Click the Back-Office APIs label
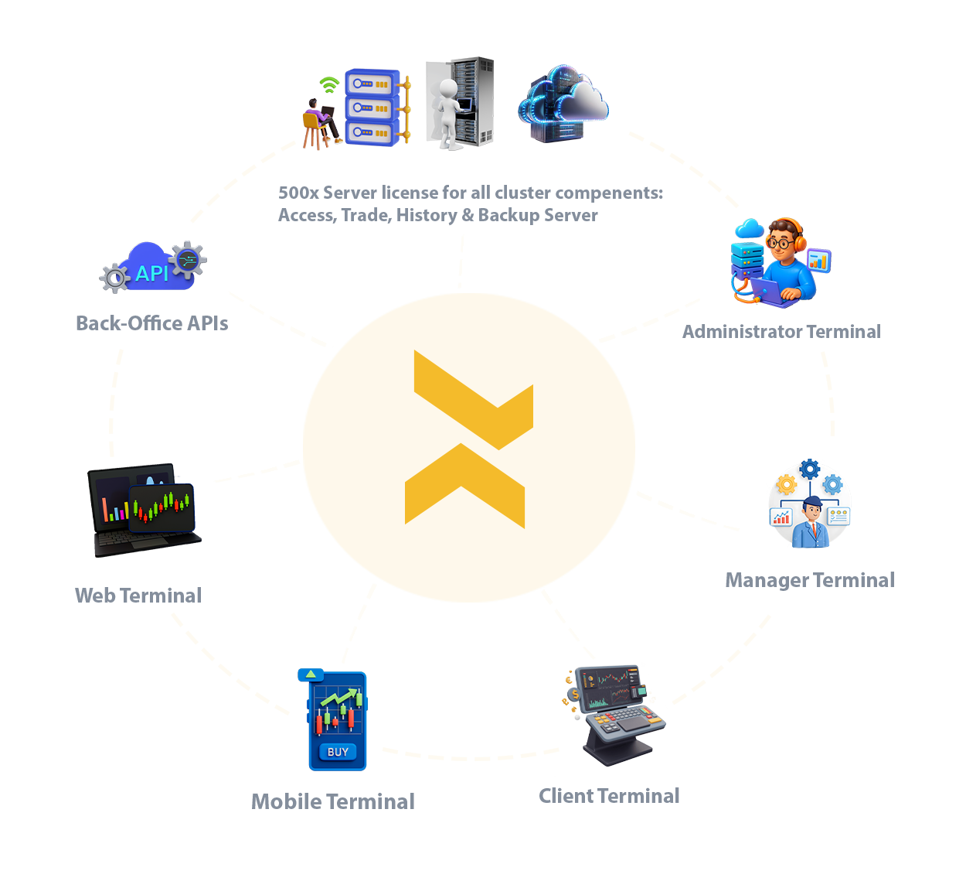(151, 323)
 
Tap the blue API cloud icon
(153, 268)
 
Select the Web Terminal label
(138, 595)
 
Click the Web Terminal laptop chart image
(145, 510)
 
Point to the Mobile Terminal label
(333, 801)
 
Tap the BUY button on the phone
(338, 752)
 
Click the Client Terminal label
(609, 796)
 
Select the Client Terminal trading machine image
(617, 718)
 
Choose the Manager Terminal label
(810, 580)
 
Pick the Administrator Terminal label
(781, 332)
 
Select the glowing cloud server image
(563, 104)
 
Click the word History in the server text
(426, 215)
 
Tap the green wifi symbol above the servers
(330, 81)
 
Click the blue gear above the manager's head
(809, 469)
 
